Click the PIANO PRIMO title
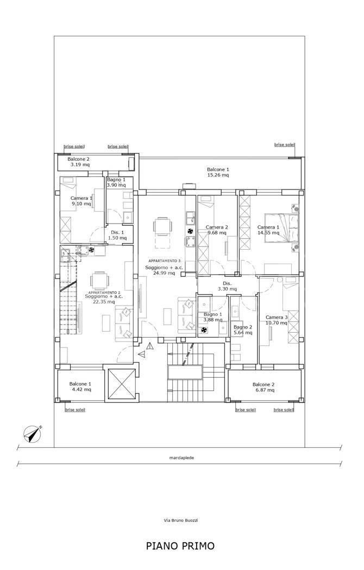click(180, 546)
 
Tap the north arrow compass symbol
click(33, 434)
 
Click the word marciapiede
click(181, 458)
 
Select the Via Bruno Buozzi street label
click(181, 520)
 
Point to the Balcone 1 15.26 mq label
click(218, 172)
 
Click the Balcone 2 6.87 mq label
click(263, 387)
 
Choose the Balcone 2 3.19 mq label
click(78, 162)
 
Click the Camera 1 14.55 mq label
click(268, 230)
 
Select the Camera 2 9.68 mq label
click(217, 230)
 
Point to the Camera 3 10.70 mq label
click(277, 320)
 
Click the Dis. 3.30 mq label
click(227, 286)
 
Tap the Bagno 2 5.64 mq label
click(243, 330)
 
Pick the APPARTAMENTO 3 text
click(165, 261)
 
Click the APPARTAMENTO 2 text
click(104, 292)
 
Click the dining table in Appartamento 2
click(99, 280)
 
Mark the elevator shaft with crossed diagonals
click(120, 385)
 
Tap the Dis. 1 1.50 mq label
click(117, 235)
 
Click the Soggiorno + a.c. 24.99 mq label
click(164, 270)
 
